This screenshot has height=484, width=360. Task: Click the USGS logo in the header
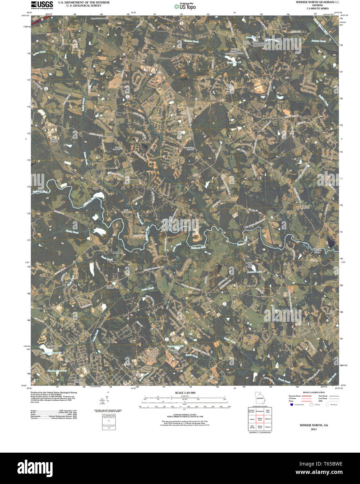click(42, 5)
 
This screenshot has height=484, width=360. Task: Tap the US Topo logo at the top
click(185, 6)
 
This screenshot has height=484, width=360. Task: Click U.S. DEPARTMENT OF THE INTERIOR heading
click(84, 2)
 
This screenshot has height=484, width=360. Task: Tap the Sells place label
click(96, 188)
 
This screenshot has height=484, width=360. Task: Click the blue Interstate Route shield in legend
click(291, 405)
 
